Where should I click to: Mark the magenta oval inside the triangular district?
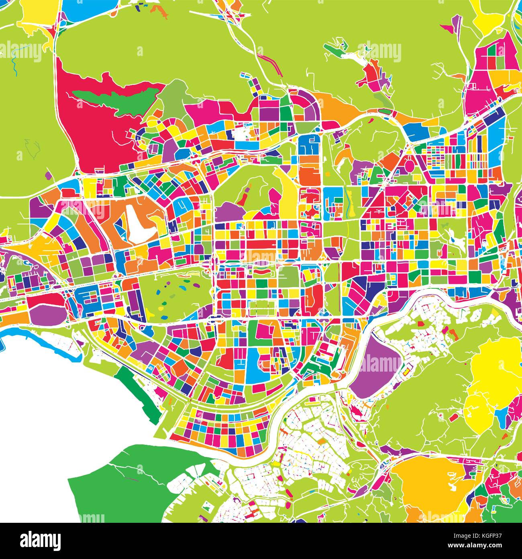coord(410,164)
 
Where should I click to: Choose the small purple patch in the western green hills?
coord(48,175)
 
